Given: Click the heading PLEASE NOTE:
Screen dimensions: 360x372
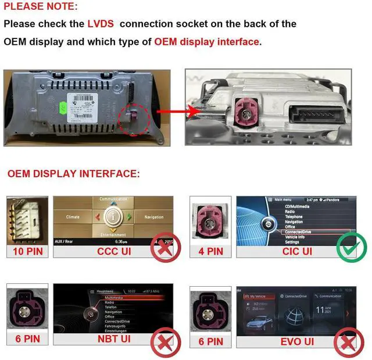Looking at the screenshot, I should [40, 7].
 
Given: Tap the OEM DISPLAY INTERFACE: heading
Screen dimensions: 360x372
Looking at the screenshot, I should [73, 173].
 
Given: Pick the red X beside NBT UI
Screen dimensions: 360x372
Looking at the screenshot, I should [166, 344].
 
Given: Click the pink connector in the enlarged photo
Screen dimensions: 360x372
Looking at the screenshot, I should [219, 111].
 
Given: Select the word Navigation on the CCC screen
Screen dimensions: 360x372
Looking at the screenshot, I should [154, 217].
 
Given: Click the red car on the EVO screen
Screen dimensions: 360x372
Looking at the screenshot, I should [258, 321].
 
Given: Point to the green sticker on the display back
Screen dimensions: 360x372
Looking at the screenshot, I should [62, 108].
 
